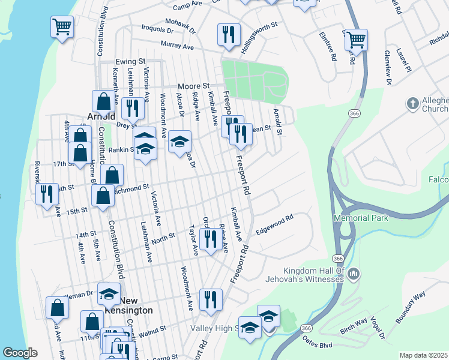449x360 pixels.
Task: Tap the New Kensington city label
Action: (136, 305)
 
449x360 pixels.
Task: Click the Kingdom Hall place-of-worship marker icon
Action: (354, 274)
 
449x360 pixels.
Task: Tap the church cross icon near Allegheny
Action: (412, 103)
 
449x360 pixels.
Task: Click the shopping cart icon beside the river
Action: (62, 26)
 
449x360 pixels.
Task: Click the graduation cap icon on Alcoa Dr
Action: (179, 142)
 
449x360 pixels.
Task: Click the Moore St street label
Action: (193, 86)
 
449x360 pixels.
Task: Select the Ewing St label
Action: (131, 61)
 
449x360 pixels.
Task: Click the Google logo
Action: (20, 353)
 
